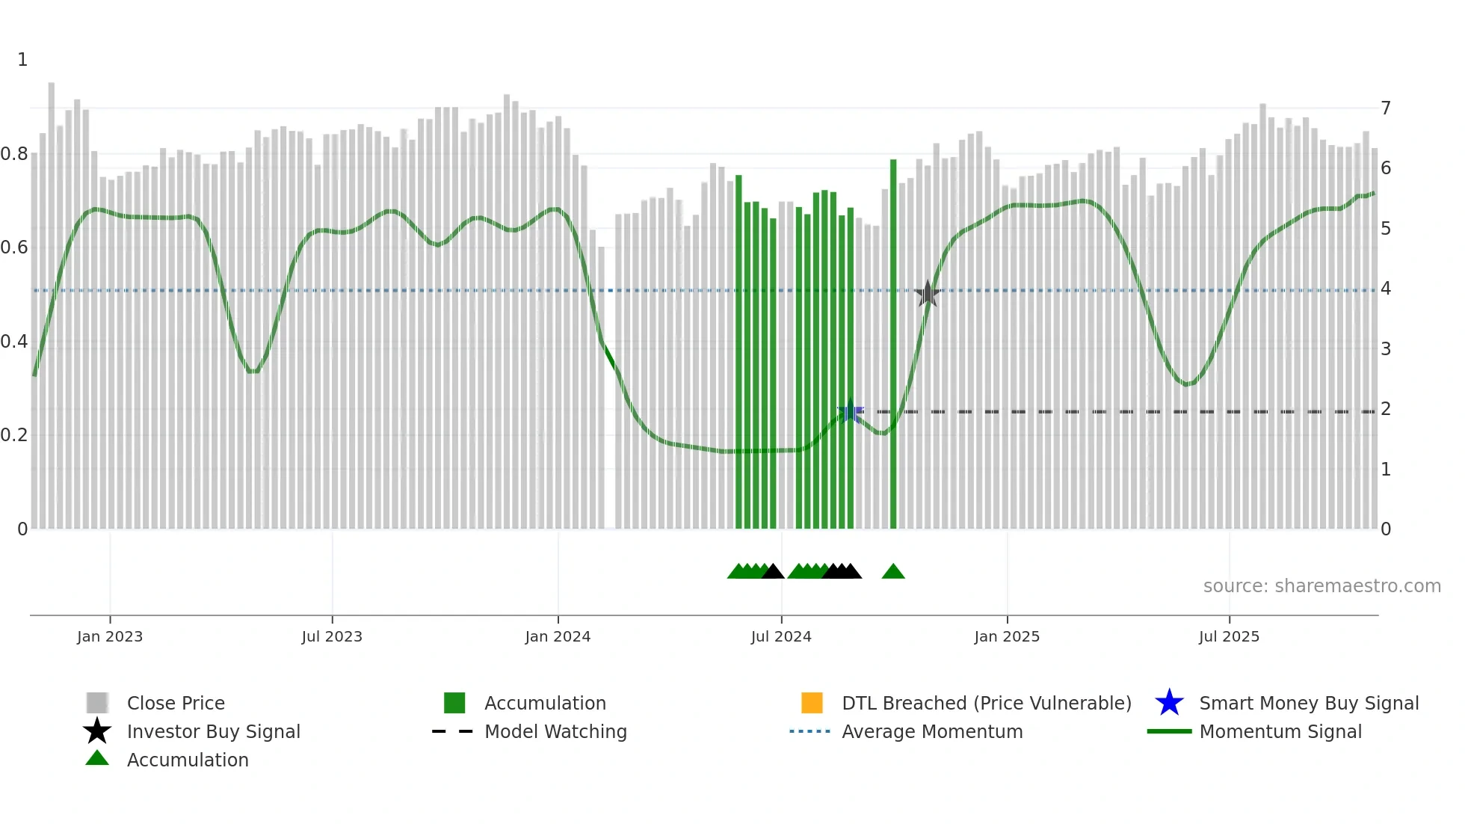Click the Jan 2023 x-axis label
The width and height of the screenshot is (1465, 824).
(109, 636)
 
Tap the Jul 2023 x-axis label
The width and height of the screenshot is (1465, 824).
(332, 636)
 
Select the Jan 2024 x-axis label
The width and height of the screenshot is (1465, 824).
(558, 636)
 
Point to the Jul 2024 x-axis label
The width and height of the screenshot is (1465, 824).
(781, 636)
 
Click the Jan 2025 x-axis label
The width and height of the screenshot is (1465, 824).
(1007, 636)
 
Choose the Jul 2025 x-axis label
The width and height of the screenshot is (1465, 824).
(1229, 636)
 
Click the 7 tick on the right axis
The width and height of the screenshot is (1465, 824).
(1386, 108)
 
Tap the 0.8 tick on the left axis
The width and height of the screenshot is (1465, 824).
(15, 154)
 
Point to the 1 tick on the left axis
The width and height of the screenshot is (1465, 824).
(22, 60)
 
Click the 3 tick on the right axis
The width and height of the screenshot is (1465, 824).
(1386, 349)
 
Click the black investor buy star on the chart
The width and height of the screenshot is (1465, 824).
(928, 294)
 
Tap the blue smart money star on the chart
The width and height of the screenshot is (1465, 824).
(850, 411)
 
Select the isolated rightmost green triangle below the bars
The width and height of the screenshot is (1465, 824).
(893, 572)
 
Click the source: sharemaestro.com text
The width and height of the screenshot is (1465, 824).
(1321, 586)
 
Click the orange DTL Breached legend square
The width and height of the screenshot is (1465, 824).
(812, 703)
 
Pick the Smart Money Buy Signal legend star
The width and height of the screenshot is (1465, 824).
(1169, 703)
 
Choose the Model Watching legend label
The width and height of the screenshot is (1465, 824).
(555, 731)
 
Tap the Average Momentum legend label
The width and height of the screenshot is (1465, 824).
(932, 731)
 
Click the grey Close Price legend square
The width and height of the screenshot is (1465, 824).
(97, 703)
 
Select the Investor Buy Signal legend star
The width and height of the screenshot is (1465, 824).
(97, 731)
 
